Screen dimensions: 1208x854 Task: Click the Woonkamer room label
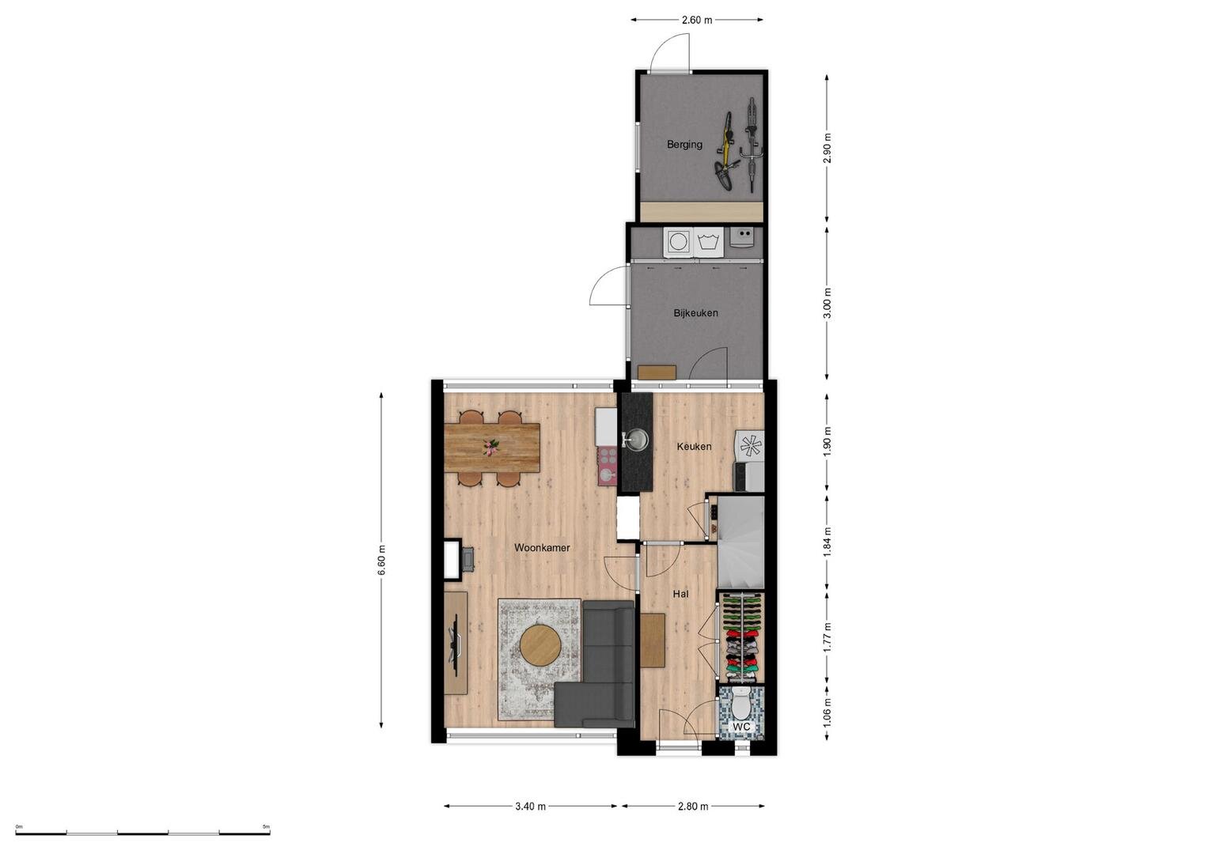[x=541, y=548]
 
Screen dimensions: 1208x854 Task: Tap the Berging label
[x=684, y=145]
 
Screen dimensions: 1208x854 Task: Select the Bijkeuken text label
[x=695, y=312]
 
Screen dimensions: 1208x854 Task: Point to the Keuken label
[x=694, y=447]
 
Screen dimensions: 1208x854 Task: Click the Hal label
[x=680, y=594]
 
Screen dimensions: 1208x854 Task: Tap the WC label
[x=742, y=727]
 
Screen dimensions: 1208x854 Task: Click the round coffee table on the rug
[x=540, y=644]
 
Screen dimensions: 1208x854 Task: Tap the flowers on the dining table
[x=490, y=447]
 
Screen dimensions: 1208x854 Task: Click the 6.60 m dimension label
[x=382, y=560]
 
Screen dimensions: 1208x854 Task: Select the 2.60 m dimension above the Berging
[x=697, y=21]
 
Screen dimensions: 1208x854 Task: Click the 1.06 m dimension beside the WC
[x=827, y=712]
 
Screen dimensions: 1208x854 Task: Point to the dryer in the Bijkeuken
[x=677, y=241]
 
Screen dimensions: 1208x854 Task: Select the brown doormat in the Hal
[x=653, y=640]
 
